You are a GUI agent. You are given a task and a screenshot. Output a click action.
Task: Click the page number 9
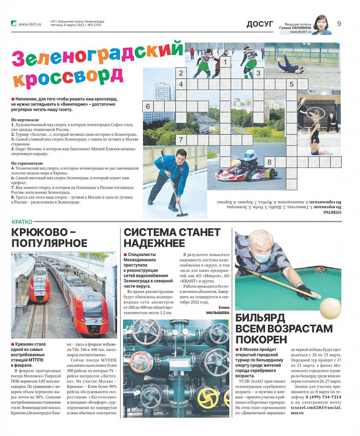pos(339,24)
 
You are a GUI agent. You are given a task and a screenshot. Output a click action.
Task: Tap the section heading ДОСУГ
pos(259,24)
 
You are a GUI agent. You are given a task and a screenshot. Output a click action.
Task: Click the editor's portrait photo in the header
pos(322,25)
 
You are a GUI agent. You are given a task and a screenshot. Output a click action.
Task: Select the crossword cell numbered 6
pos(148,106)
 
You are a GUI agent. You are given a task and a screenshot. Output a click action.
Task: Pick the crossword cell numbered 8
pos(270,162)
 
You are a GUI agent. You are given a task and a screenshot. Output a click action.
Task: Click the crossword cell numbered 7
pos(181,140)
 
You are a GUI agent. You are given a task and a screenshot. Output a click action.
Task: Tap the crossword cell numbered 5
pos(292,84)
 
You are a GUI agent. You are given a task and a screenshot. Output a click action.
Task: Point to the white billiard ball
pos(330,307)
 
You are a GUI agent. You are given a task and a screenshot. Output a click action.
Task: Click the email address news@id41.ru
pos(301,32)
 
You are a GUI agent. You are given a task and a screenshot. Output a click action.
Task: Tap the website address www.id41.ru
pos(29,24)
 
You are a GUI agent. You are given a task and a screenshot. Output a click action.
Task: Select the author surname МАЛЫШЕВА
pos(218,312)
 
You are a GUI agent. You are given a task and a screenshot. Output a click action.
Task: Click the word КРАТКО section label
pos(21,221)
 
